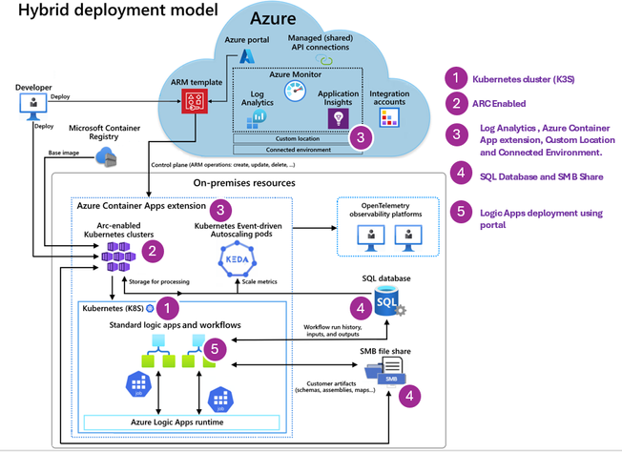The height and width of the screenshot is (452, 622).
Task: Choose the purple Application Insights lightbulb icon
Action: [335, 117]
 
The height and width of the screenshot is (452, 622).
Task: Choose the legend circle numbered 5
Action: [458, 213]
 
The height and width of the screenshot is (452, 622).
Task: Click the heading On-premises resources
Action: [244, 182]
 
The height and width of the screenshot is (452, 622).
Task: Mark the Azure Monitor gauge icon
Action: [295, 92]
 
